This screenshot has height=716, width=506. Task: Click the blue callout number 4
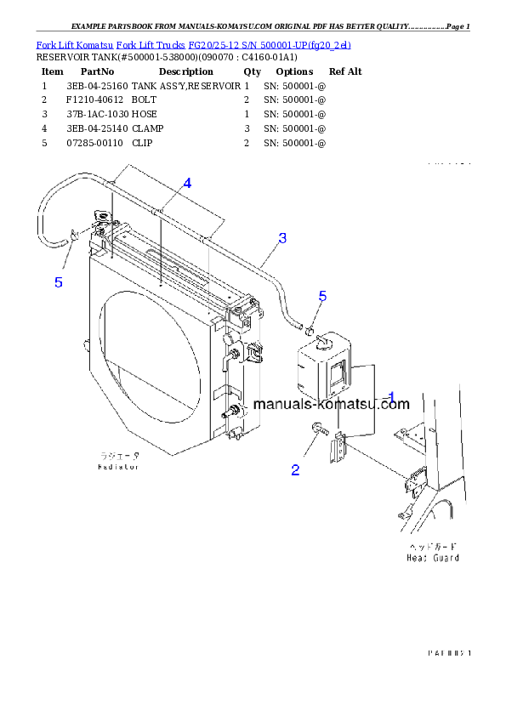click(187, 183)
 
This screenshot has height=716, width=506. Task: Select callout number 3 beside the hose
click(282, 237)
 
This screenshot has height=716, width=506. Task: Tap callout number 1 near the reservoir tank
click(392, 396)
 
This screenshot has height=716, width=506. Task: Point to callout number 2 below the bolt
click(295, 470)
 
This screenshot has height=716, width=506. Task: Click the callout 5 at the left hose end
click(58, 282)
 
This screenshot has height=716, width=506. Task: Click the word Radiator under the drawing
click(117, 467)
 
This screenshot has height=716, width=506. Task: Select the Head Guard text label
click(433, 558)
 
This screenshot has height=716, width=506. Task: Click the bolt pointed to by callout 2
click(317, 429)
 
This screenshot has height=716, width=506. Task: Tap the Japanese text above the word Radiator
click(117, 457)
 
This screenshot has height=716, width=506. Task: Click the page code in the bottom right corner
click(449, 652)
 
